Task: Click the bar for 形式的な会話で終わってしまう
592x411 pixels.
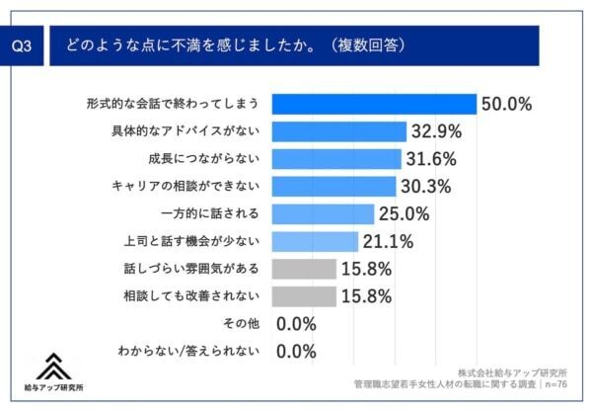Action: pos(374,104)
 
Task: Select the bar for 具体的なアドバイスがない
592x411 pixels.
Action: pos(338,131)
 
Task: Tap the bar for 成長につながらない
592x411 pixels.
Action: pos(335,159)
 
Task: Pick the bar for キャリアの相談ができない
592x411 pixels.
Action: pos(333,186)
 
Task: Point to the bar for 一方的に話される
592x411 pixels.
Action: pos(322,213)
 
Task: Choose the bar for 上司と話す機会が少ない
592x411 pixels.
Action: pos(314,241)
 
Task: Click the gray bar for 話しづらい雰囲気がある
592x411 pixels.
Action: pos(303,269)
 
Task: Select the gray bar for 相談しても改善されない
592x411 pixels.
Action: pos(303,295)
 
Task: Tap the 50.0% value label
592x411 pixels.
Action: pos(507,104)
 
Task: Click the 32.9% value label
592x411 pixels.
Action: pos(435,131)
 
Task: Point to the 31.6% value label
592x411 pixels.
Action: pos(431,159)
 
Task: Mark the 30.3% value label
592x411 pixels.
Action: pos(426,186)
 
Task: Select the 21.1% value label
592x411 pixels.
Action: pos(388,241)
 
